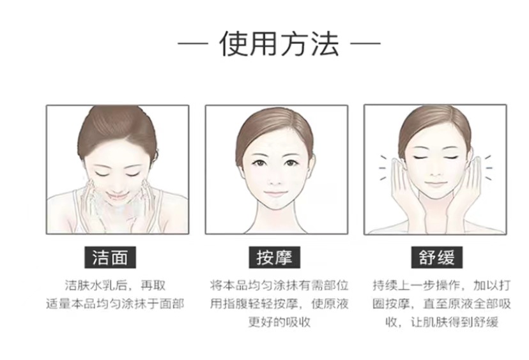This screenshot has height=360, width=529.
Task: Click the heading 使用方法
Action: pos(279,43)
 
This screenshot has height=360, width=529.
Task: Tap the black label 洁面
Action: pos(110,257)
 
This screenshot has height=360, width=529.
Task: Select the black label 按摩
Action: pos(274,257)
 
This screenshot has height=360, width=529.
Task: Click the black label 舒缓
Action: pos(436,257)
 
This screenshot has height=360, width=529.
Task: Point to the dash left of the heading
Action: pos(193,43)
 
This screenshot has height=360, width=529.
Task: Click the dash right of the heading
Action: pos(365,43)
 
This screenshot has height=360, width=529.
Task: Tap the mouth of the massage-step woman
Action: pos(275,194)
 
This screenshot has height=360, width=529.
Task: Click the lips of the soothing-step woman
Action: pos(435,184)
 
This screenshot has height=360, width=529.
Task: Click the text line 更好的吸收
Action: pos(279,322)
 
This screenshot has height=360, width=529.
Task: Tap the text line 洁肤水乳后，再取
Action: pos(116,285)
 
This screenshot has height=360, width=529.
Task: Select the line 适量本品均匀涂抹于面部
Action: pos(115,304)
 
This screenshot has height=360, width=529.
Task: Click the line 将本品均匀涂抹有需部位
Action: pos(279,285)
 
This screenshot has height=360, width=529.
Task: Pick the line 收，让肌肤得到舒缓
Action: pos(442,322)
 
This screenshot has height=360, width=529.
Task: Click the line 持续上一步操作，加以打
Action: pos(441,285)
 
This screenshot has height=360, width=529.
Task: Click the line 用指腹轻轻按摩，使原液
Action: pos(279,304)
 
